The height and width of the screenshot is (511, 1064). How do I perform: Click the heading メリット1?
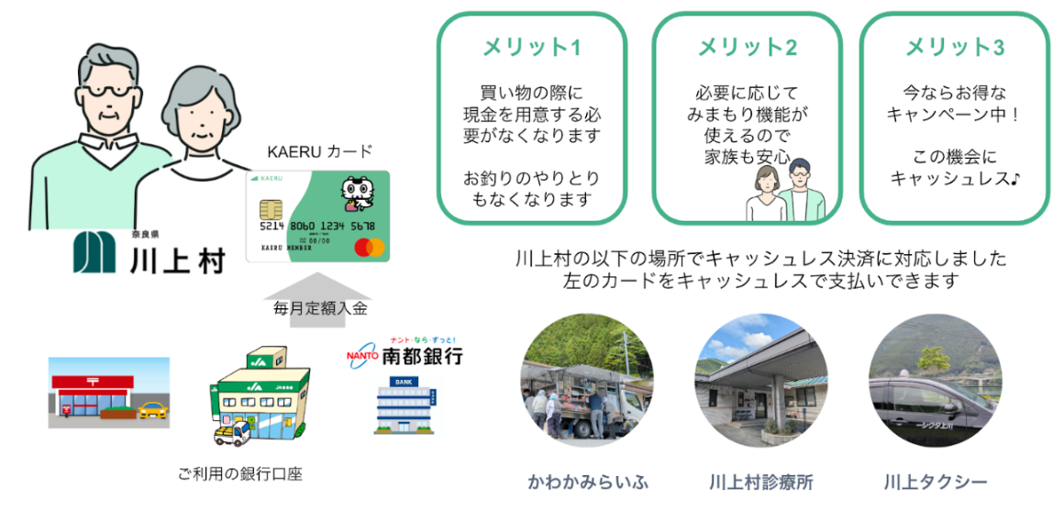click(x=532, y=47)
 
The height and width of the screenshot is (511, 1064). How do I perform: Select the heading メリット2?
click(x=748, y=47)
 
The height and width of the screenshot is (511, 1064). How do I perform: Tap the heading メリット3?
click(x=955, y=47)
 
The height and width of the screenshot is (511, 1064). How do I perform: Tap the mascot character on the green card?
click(x=358, y=194)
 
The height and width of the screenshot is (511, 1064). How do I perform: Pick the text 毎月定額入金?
click(x=320, y=309)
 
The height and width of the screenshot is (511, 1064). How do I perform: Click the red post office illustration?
click(x=108, y=394)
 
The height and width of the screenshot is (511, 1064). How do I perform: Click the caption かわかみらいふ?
click(x=574, y=482)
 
